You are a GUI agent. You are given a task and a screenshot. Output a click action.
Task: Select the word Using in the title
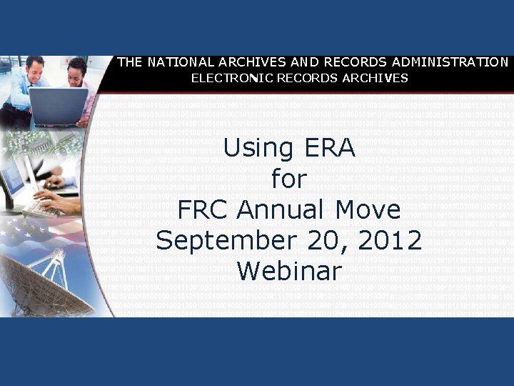pyautogui.click(x=258, y=149)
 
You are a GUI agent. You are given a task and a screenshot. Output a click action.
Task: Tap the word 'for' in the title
pyautogui.click(x=288, y=179)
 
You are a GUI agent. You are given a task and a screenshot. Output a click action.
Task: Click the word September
pyautogui.click(x=226, y=241)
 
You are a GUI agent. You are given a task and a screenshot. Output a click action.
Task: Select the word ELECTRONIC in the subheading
pyautogui.click(x=228, y=78)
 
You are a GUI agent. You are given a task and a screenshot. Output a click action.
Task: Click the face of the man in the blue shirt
pyautogui.click(x=36, y=70)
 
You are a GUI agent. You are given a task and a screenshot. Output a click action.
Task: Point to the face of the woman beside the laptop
pyautogui.click(x=76, y=71)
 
